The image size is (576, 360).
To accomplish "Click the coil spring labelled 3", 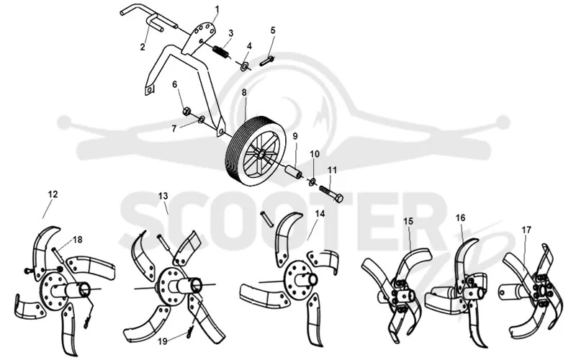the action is [222, 51].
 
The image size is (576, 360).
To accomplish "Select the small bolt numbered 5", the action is [267, 60].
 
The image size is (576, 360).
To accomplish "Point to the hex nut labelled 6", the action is [186, 111].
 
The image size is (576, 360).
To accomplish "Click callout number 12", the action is [53, 194].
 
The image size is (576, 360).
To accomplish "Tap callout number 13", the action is [163, 196].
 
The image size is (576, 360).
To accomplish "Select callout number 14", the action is [320, 213].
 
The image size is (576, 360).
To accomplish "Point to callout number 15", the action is [408, 221].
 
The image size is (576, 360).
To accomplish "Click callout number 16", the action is [460, 218].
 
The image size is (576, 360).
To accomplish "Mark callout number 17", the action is [526, 230].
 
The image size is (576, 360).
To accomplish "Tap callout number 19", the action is [163, 341].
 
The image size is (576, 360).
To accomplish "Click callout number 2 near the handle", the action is [143, 47].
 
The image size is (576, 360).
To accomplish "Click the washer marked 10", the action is [312, 181].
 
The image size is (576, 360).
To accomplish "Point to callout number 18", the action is [78, 240].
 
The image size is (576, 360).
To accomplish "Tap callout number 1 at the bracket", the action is [217, 9].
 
